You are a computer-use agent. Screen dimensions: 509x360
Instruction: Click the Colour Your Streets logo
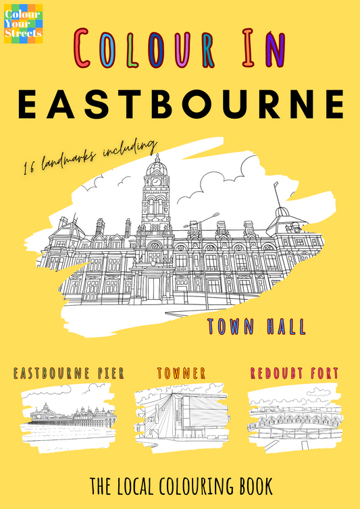[x=23, y=24]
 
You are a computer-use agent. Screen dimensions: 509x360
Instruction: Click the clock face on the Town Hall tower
[x=156, y=181]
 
